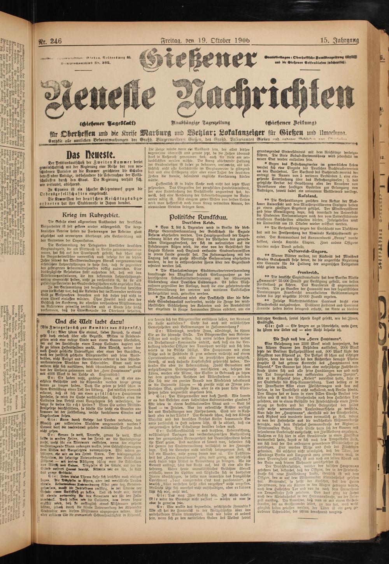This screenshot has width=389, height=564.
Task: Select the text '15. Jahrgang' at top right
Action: pyautogui.click(x=339, y=40)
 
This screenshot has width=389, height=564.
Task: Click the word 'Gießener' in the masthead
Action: pyautogui.click(x=198, y=59)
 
